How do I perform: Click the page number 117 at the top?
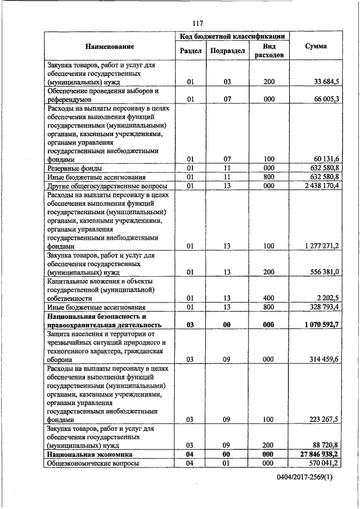pyautogui.click(x=197, y=23)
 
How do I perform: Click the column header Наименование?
pyautogui.click(x=110, y=46)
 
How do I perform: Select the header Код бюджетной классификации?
pyautogui.click(x=231, y=37)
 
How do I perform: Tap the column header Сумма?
pyautogui.click(x=316, y=46)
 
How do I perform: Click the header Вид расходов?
pyautogui.click(x=269, y=51)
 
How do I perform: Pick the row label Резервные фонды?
pyautogui.click(x=70, y=168)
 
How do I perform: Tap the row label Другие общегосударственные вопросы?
pyautogui.click(x=107, y=185)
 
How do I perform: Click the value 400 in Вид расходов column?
pyautogui.click(x=269, y=298)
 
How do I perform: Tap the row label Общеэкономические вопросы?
pyautogui.click(x=93, y=463)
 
